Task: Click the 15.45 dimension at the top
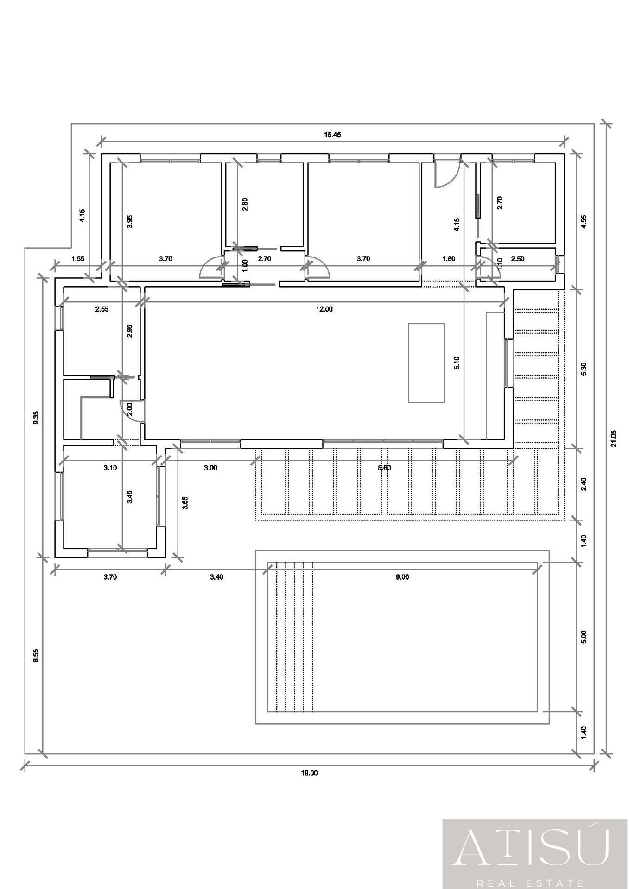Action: pos(332,135)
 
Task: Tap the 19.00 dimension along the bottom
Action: pos(310,773)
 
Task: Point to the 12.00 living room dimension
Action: pos(324,309)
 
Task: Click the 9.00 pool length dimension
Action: pos(402,577)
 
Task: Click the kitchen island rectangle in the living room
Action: pos(426,363)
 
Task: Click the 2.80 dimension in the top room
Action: pos(245,204)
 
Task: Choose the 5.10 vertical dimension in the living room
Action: pos(457,363)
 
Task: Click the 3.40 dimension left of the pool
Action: pos(216,577)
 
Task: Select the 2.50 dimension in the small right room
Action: pos(517,259)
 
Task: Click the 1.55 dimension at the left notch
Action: pos(78,259)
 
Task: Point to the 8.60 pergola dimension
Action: pos(384,468)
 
